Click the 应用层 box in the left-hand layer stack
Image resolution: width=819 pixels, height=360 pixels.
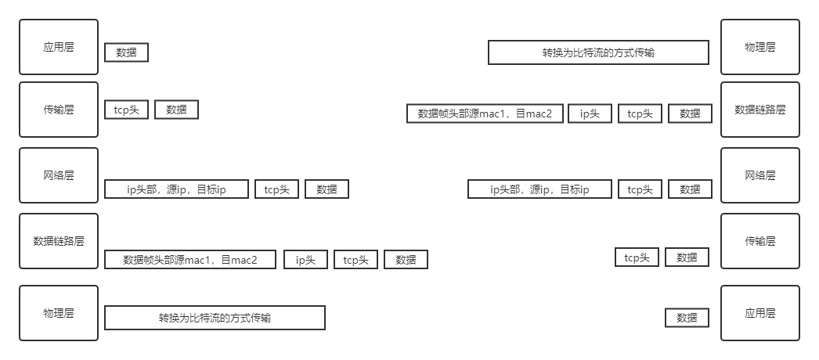(59, 47)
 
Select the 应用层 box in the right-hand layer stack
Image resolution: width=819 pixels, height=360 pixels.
(759, 312)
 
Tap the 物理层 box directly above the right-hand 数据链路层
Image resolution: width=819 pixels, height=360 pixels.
(759, 47)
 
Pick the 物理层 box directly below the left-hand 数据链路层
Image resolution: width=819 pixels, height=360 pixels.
(59, 312)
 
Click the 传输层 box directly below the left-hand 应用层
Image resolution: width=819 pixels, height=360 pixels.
(59, 109)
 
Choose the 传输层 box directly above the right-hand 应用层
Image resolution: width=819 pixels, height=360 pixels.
(759, 241)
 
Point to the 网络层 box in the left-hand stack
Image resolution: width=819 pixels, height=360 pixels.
(59, 175)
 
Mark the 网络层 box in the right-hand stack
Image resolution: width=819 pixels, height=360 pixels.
(759, 175)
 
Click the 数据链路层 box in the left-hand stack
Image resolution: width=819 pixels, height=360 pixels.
(59, 241)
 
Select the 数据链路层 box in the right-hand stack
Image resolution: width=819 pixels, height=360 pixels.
(759, 109)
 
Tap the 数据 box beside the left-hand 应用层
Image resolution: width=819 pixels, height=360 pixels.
(126, 52)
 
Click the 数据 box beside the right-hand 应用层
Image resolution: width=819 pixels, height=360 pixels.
(687, 318)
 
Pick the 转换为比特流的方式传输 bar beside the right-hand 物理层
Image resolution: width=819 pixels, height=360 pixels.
(598, 52)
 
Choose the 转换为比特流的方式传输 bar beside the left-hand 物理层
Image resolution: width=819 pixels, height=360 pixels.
(215, 318)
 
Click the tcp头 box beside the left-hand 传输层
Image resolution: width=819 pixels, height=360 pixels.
(126, 110)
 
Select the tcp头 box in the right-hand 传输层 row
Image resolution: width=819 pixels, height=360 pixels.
(637, 257)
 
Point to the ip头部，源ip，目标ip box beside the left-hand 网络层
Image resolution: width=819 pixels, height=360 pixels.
(176, 189)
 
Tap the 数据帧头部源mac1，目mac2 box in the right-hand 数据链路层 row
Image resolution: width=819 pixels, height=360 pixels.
(485, 113)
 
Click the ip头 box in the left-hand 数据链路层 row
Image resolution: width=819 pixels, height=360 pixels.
(305, 260)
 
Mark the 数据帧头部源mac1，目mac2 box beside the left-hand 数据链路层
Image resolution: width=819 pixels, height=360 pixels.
(190, 260)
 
